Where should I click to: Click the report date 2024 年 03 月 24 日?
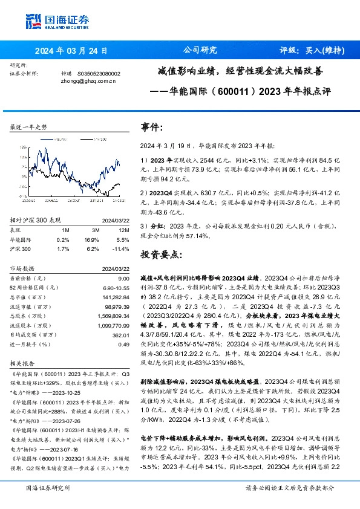point(71,51)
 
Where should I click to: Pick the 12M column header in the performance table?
point(124,230)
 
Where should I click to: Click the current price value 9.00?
point(124,277)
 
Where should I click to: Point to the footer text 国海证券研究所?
point(48,488)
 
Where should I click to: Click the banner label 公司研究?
point(199,51)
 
